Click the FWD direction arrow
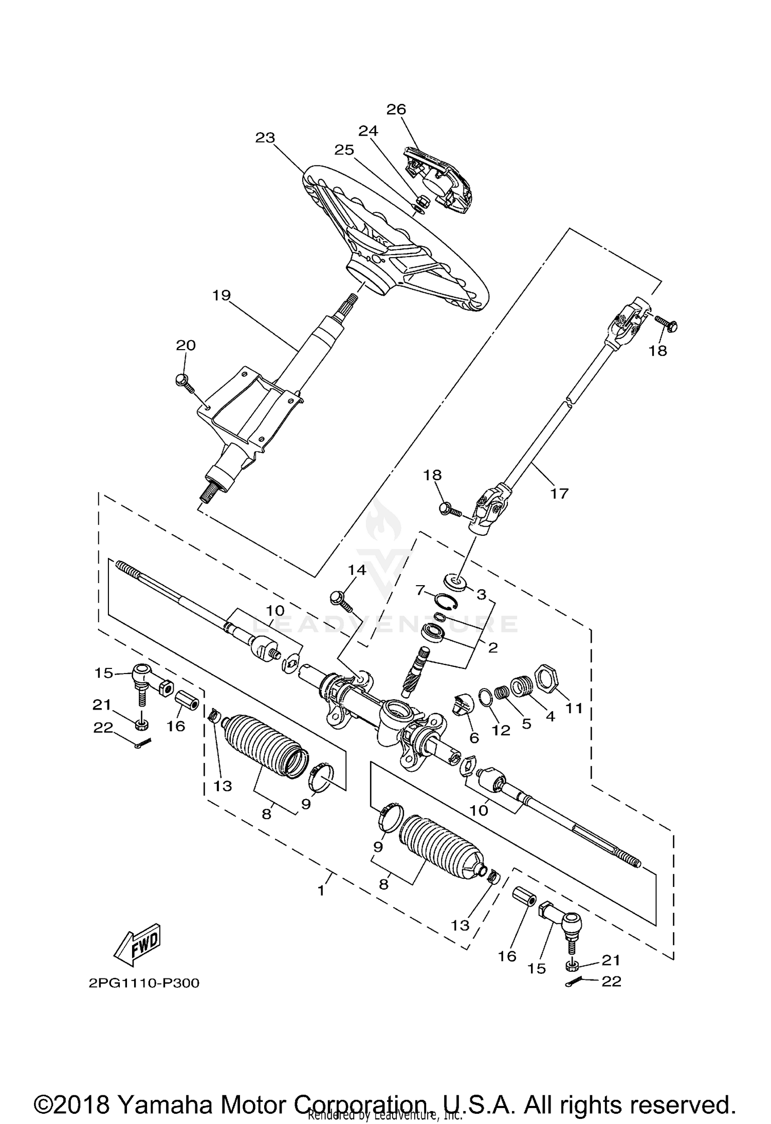[137, 945]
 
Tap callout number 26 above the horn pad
[396, 110]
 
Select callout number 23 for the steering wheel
[266, 138]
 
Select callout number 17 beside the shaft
[559, 494]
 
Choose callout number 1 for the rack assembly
[321, 890]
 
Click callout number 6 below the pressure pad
[474, 738]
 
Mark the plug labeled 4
[522, 688]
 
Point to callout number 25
[344, 150]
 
